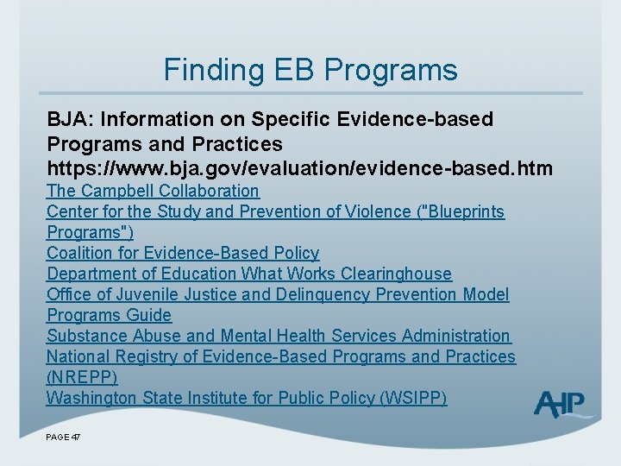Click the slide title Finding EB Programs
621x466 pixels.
pyautogui.click(x=310, y=69)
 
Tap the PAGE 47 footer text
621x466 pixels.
pyautogui.click(x=63, y=438)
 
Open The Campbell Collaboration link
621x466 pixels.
pyautogui.click(x=153, y=191)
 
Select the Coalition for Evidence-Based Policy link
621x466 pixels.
pyautogui.click(x=183, y=253)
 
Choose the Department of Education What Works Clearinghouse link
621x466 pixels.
pyautogui.click(x=249, y=274)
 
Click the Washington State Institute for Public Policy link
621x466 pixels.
pyautogui.click(x=247, y=398)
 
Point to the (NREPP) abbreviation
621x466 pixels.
pyautogui.click(x=82, y=377)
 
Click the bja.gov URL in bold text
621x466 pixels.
pyautogui.click(x=300, y=167)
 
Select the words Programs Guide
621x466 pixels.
pyautogui.click(x=110, y=315)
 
